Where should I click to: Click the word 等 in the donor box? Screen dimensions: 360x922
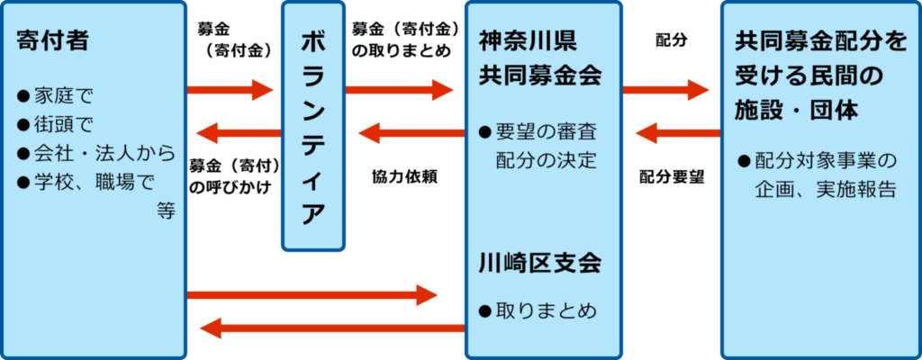point(165,211)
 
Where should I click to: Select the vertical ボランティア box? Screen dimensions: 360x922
point(312,126)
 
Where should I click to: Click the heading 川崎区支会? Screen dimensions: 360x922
point(540,264)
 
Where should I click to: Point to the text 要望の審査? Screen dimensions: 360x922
point(547,131)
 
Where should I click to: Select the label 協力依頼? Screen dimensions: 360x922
point(403,176)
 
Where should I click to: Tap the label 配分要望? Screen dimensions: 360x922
point(672,176)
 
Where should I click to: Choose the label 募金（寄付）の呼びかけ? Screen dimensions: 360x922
point(233,175)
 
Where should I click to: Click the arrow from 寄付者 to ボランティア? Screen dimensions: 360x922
point(230,89)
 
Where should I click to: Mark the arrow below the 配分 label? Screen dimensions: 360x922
point(665,89)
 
